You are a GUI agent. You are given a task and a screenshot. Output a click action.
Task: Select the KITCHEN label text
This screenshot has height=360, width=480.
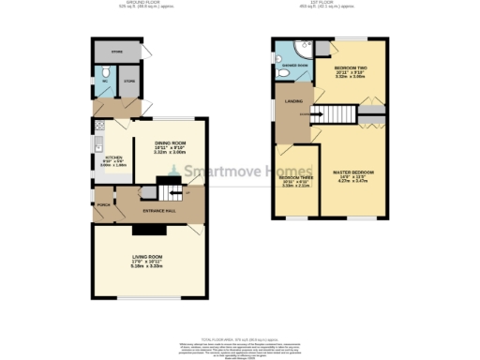(113, 157)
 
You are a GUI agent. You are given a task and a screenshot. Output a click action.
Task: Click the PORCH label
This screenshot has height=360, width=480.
(101, 204)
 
